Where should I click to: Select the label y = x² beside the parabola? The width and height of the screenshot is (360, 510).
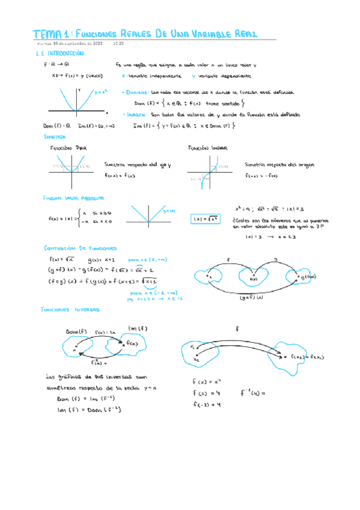tap(100, 93)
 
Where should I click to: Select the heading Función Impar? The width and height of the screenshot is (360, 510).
tap(207, 147)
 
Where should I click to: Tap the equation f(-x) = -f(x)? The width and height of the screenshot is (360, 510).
tap(261, 176)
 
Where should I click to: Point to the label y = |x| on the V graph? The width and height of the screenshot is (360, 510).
tap(168, 210)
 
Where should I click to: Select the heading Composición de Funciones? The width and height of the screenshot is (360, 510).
tap(81, 248)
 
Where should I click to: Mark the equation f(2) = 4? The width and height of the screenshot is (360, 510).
tap(207, 393)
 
